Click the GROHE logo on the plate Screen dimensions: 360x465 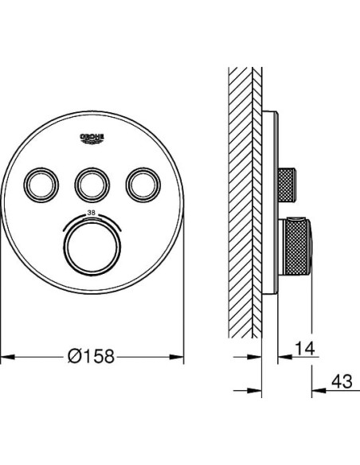click(x=92, y=139)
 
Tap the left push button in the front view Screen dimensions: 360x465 click(x=41, y=185)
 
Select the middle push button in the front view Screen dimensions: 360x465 click(x=92, y=185)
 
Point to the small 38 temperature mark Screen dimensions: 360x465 click(x=92, y=213)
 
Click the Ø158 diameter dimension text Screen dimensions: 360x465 click(x=91, y=356)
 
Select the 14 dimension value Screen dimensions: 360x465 click(x=305, y=348)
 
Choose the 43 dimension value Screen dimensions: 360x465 click(x=342, y=381)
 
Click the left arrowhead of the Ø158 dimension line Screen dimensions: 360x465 click(x=7, y=357)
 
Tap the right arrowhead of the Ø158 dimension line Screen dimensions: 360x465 click(x=177, y=357)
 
